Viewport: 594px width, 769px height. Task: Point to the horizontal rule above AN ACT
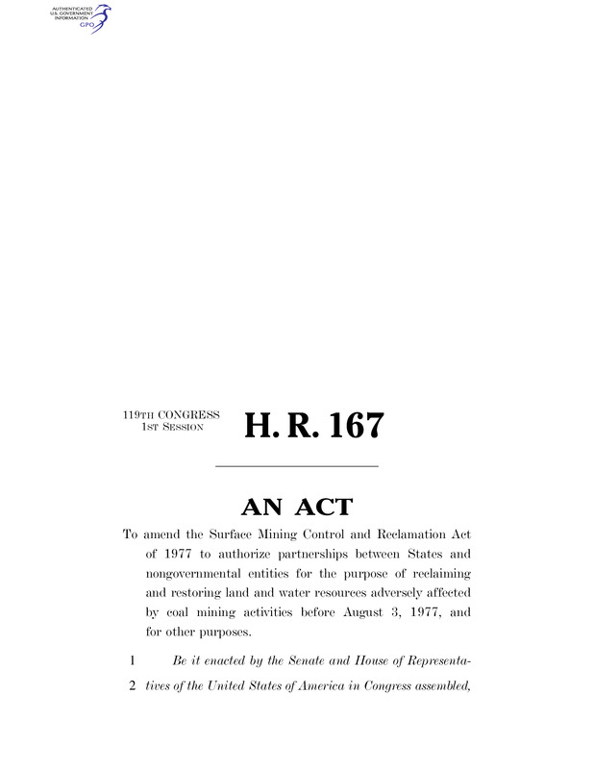[x=296, y=467]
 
